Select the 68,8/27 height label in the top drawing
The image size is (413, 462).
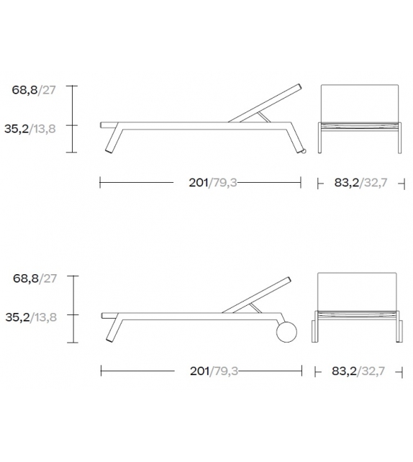tap(34, 90)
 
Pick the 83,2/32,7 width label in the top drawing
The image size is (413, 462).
tap(361, 183)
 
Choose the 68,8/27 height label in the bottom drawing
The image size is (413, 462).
tap(34, 278)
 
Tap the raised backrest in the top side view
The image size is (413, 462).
tap(266, 104)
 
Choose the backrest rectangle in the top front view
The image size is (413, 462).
tap(360, 103)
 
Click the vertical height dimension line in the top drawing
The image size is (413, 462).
tap(74, 119)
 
